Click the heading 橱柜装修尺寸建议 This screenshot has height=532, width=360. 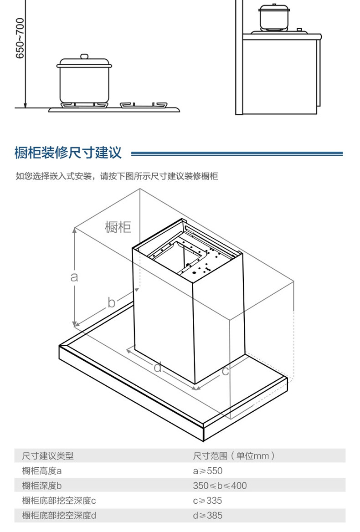[68, 153]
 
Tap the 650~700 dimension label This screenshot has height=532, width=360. [20, 39]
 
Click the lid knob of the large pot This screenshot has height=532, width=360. [84, 56]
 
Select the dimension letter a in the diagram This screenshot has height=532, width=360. [74, 276]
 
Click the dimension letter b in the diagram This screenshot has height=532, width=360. [111, 302]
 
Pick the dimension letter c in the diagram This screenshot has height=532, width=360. [225, 371]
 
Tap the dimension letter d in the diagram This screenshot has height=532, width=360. [158, 367]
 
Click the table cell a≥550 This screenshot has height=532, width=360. [207, 471]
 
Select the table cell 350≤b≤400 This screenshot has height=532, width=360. [220, 486]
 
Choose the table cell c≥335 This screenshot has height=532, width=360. [207, 501]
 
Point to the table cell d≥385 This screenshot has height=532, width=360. [208, 516]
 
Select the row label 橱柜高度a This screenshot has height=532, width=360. [41, 471]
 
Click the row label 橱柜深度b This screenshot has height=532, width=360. [41, 486]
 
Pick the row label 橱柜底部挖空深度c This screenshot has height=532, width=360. [59, 501]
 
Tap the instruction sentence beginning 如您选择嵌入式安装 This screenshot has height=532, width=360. [117, 176]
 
